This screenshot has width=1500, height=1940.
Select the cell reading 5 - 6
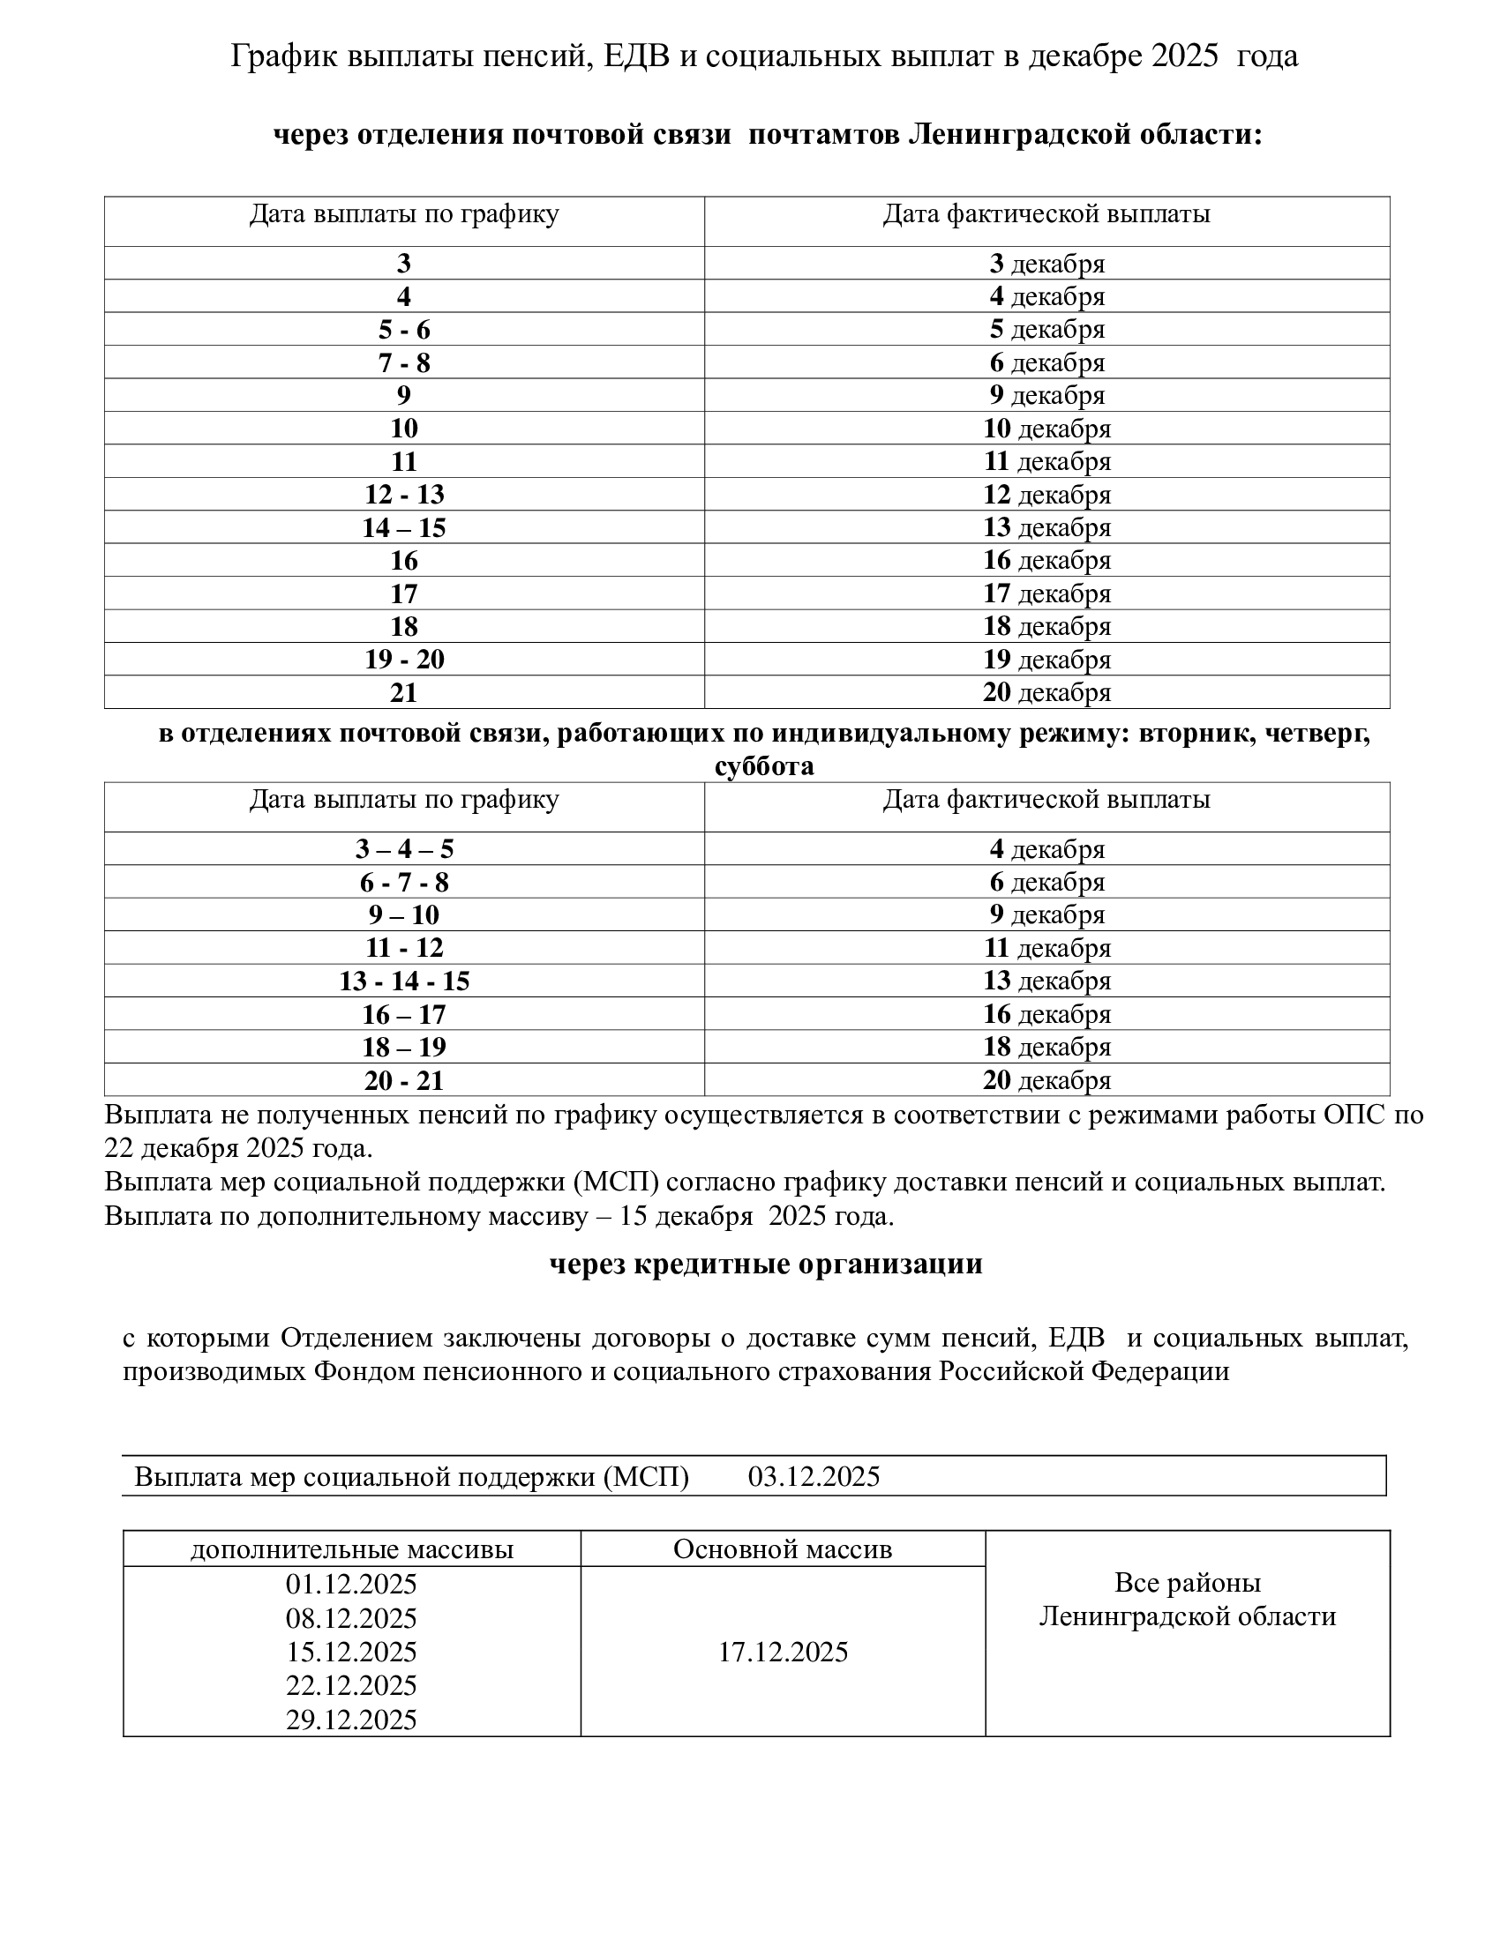coord(403,330)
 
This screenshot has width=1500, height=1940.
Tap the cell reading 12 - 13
coord(403,494)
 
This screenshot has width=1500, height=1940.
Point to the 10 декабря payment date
coord(1046,429)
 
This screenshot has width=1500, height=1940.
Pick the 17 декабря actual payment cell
coord(1046,593)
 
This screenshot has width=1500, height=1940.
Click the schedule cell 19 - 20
coord(403,659)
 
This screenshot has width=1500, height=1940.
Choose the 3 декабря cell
coord(1046,263)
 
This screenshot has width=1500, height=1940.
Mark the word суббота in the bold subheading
coord(763,765)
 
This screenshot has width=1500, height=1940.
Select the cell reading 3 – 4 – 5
coord(403,849)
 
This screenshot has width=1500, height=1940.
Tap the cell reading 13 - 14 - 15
coord(403,981)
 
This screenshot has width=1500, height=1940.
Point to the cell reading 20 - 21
coord(403,1080)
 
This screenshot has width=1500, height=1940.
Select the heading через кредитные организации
coord(765,1264)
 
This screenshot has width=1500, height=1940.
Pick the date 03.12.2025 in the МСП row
coord(814,1476)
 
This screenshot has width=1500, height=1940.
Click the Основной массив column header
coord(782,1549)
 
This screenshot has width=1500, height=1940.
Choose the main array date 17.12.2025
coord(782,1653)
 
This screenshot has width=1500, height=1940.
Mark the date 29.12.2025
coord(351,1720)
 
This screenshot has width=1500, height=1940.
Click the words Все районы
coord(1187,1583)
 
